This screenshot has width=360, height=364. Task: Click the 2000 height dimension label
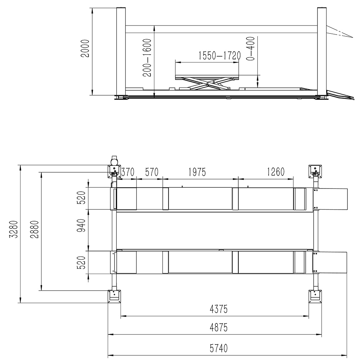coord(85,49)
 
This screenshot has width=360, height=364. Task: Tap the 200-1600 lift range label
coord(147,58)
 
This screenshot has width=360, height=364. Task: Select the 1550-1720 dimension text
coord(219,56)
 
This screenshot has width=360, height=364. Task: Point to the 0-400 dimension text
coord(251,49)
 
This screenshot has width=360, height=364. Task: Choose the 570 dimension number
coord(152,172)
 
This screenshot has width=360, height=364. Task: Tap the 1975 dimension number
coord(197,172)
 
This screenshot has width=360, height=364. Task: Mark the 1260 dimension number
coord(276,172)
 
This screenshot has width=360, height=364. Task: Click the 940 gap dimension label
coord(81,226)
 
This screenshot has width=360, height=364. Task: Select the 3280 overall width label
coord(14,229)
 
